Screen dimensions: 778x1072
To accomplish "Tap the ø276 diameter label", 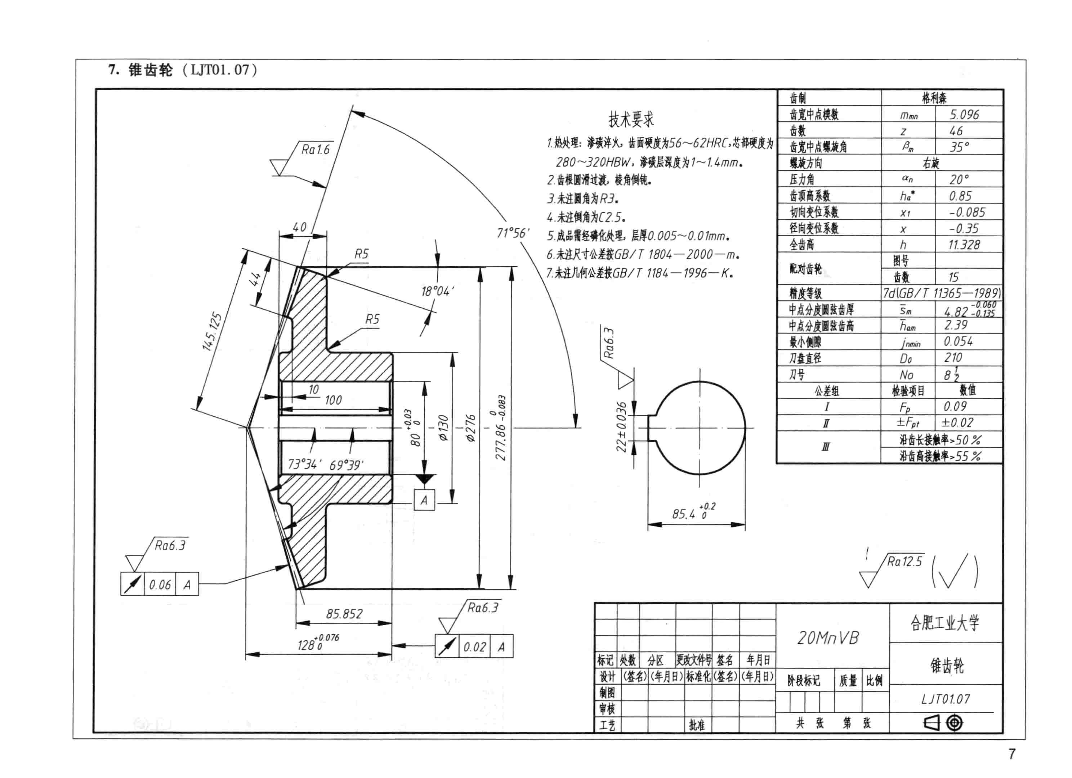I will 471,428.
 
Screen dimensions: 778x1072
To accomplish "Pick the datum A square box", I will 424,500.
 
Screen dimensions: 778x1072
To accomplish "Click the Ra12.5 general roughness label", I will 904,561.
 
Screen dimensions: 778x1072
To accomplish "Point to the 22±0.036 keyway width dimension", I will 621,427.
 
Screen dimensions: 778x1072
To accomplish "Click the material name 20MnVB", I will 828,638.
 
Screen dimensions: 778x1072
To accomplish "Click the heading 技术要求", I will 631,119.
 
